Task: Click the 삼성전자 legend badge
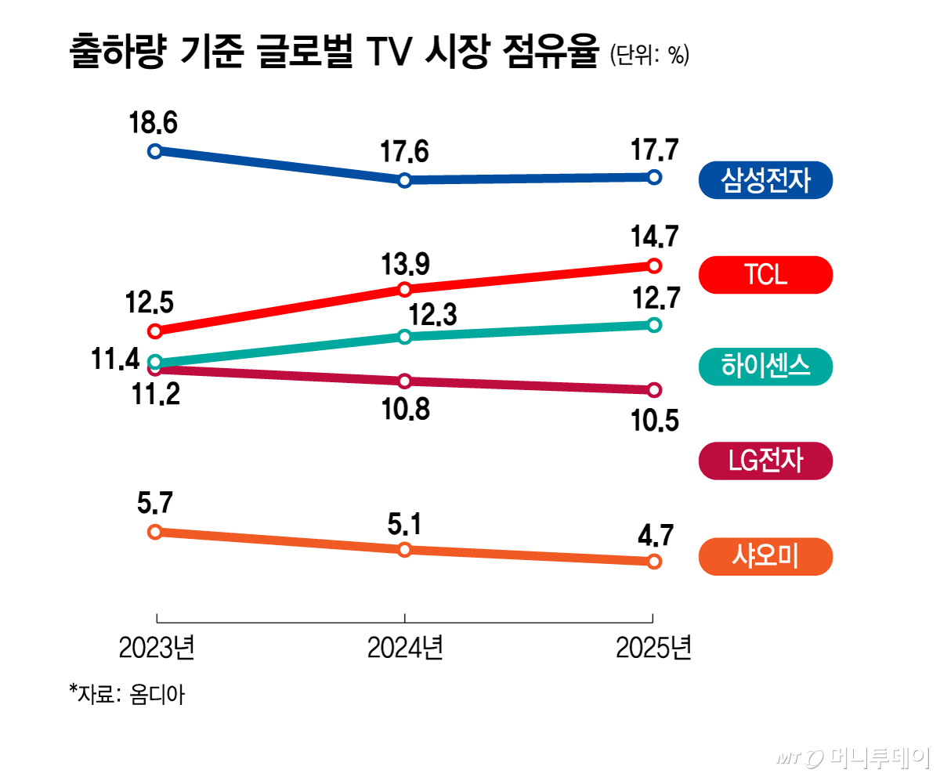coord(765,181)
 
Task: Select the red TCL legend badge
coord(765,275)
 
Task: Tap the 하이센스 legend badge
coord(765,367)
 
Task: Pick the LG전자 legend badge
coord(765,460)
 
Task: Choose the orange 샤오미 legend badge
coord(765,557)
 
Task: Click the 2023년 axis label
coord(156,649)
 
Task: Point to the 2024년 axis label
coord(405,649)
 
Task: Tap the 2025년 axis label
coord(654,649)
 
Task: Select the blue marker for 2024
coord(405,180)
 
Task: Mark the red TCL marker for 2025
coord(655,266)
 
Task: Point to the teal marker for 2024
coord(405,336)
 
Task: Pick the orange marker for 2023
coord(155,531)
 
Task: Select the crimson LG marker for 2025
coord(655,389)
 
